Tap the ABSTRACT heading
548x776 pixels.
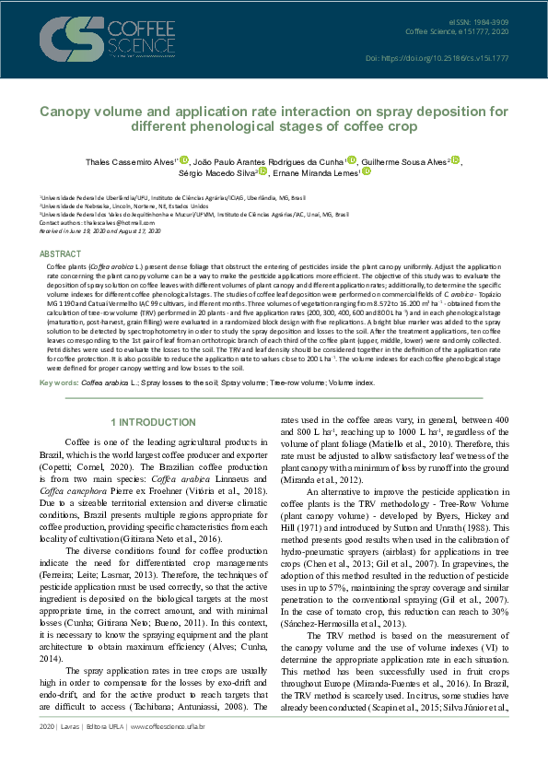[59, 253]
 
